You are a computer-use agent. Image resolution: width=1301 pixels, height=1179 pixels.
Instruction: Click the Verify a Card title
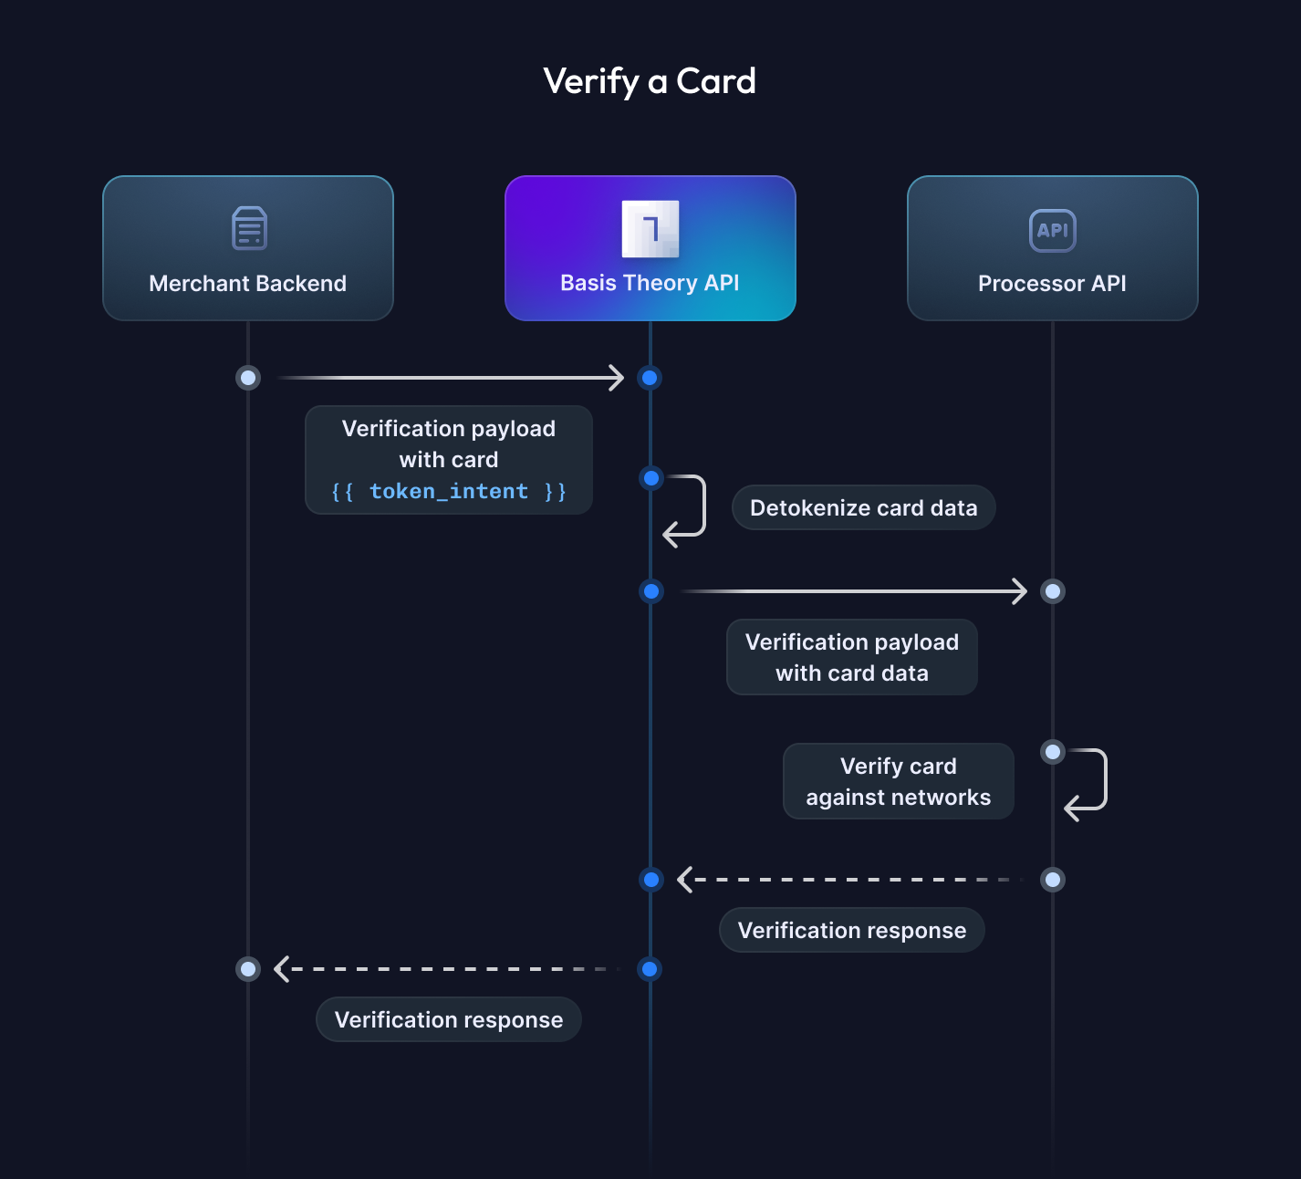point(650,81)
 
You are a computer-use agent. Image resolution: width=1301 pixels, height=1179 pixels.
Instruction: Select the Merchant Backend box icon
point(249,228)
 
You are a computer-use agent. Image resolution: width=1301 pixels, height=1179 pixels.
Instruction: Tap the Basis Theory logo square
point(650,229)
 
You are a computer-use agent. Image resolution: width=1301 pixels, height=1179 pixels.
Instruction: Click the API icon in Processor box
point(1053,231)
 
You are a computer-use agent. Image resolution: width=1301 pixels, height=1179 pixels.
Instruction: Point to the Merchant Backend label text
point(247,284)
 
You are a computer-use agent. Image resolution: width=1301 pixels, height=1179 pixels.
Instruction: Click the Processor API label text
point(1052,284)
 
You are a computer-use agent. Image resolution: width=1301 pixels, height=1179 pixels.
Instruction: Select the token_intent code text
point(448,492)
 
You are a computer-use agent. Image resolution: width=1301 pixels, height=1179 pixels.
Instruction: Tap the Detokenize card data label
point(863,508)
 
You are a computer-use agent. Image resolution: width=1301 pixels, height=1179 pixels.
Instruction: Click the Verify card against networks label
point(898,782)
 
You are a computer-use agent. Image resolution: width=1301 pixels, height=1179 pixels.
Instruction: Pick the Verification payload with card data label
point(851,658)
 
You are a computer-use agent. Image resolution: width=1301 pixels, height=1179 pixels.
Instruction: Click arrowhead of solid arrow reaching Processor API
point(1020,591)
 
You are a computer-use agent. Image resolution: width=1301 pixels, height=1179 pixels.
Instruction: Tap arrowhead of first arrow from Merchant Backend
point(617,378)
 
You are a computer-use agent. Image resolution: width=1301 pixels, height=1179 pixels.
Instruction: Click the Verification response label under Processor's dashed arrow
point(851,931)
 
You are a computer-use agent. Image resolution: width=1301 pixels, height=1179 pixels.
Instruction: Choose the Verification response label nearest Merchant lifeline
point(448,1020)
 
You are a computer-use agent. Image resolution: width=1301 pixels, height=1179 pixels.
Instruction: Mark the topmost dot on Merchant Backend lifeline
point(248,378)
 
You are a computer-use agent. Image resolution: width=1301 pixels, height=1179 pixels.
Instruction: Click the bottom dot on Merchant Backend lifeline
point(248,969)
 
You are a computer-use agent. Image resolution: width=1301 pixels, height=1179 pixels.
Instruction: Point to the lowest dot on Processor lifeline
point(1053,880)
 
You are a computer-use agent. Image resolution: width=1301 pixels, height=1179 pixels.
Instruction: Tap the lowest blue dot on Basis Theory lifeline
point(650,969)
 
